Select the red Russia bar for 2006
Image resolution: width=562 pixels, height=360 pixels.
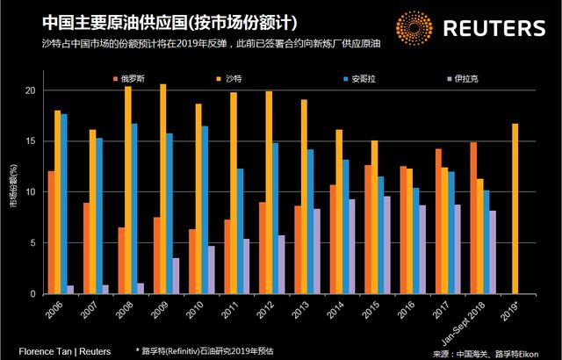click(x=52, y=232)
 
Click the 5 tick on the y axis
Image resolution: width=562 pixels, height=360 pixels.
click(x=32, y=243)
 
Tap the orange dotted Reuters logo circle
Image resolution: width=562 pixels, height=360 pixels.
click(x=414, y=29)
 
